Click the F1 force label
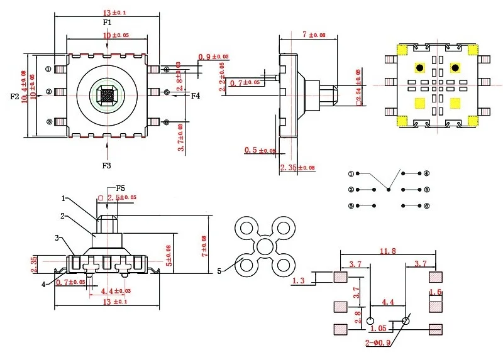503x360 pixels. [107, 23]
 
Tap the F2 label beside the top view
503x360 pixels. [16, 96]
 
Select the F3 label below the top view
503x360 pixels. [106, 165]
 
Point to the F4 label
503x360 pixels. [196, 96]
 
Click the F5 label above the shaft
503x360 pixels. [120, 188]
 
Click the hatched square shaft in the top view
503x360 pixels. [106, 95]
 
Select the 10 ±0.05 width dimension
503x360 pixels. [107, 36]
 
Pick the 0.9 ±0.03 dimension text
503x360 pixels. [213, 57]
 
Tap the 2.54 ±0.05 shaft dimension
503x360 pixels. [359, 87]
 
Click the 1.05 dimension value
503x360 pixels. [379, 329]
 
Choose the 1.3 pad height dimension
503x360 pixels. [299, 280]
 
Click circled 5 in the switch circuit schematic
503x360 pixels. [426, 189]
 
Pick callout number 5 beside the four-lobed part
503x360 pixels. [219, 271]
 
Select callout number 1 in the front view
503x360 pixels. [63, 198]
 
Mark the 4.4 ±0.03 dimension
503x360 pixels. [116, 290]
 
